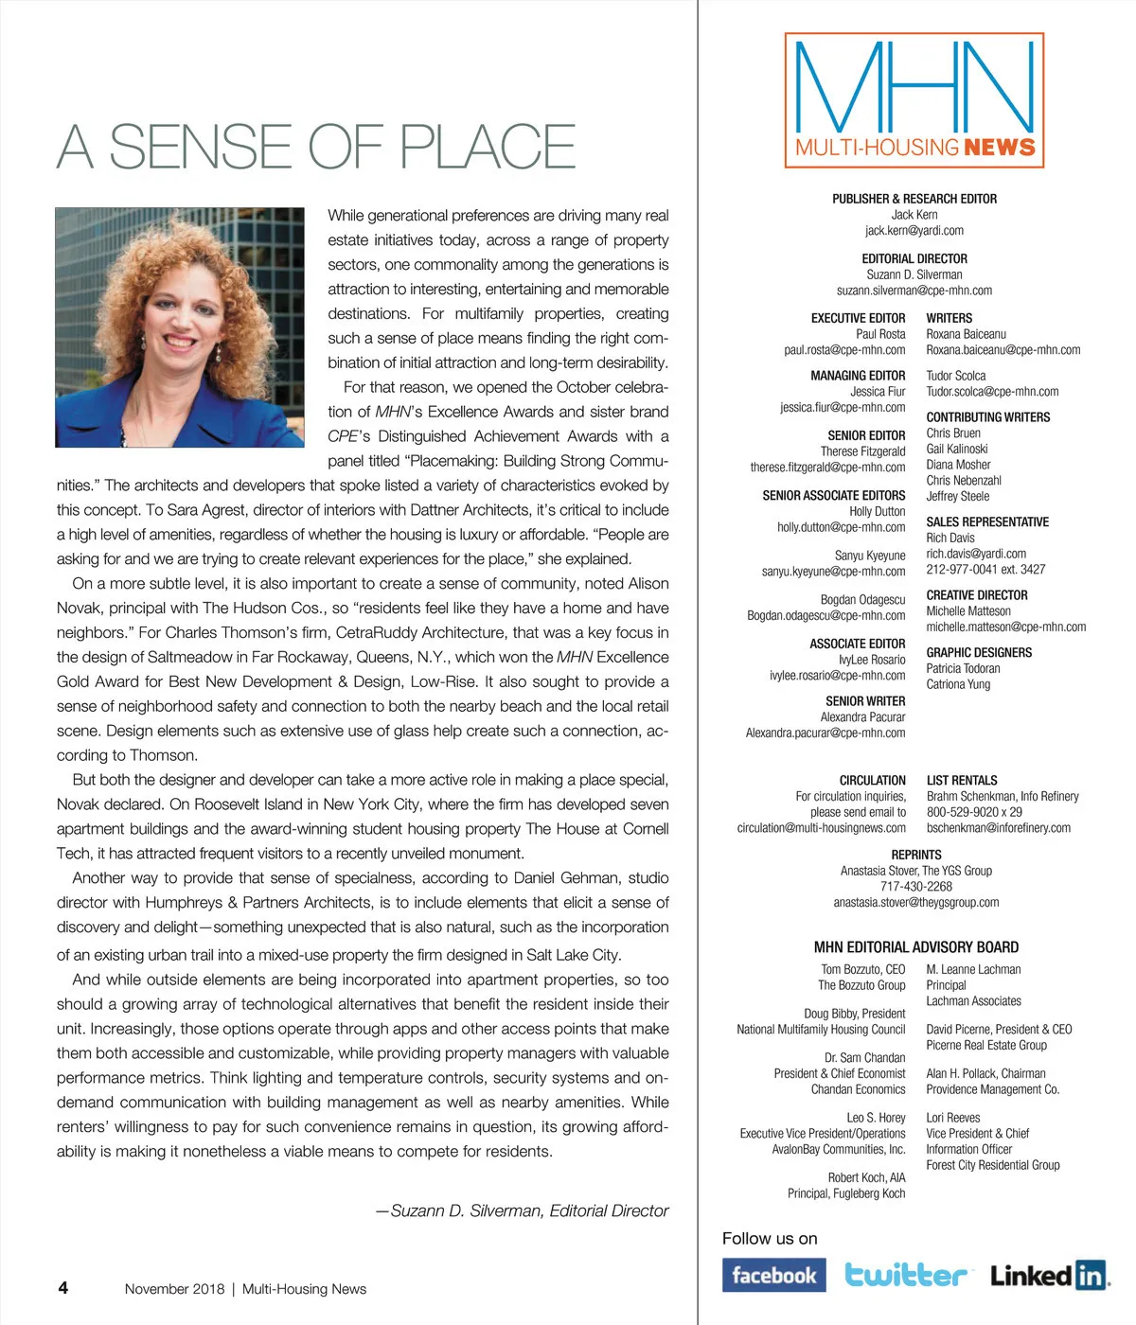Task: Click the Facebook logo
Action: [x=773, y=1275]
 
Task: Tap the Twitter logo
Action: [x=906, y=1275]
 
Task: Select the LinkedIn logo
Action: [x=1050, y=1276]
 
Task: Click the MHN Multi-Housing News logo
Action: [x=914, y=100]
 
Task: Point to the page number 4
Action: [x=63, y=1287]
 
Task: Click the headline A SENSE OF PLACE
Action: [x=316, y=147]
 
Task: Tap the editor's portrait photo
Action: [x=180, y=327]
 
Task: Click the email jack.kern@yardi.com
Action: [x=914, y=231]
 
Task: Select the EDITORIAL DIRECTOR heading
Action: [x=914, y=258]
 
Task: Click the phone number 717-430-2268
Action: [x=915, y=887]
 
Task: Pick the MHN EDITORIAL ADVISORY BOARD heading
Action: [x=915, y=947]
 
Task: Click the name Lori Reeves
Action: [x=953, y=1118]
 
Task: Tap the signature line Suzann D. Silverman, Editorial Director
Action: [x=523, y=1210]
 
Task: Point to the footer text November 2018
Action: [x=175, y=1288]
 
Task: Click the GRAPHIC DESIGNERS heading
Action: [x=979, y=652]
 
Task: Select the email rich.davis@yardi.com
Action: [x=976, y=554]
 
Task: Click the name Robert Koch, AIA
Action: [x=866, y=1177]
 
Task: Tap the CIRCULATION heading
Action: [x=872, y=780]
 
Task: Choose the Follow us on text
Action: [x=770, y=1239]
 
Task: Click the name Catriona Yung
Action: [x=958, y=684]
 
